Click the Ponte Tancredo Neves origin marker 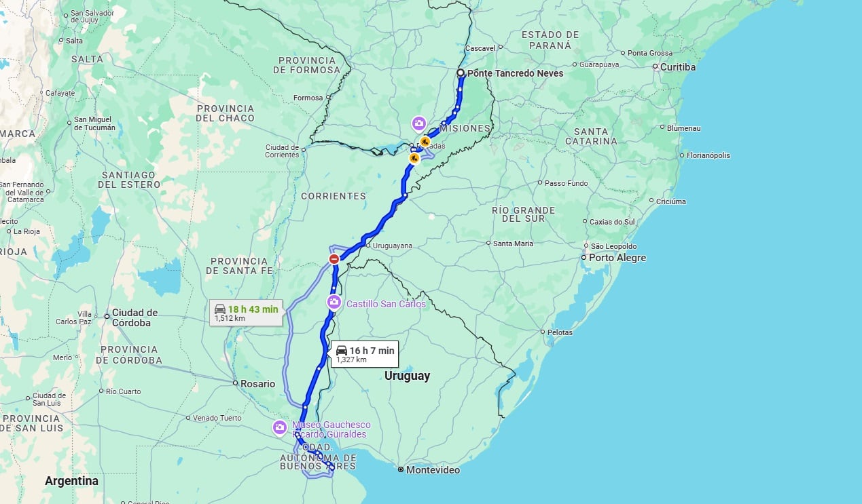[461, 73]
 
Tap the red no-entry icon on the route [334, 259]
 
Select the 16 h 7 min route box [364, 354]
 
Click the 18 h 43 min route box [245, 313]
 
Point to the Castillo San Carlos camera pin [334, 303]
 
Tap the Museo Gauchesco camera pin [279, 427]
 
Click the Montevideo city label [433, 469]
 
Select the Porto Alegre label [617, 258]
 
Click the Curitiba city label [677, 67]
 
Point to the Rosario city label [257, 384]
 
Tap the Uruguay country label [407, 376]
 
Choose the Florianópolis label [708, 155]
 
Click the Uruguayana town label [393, 246]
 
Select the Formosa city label [308, 98]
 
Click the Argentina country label [71, 481]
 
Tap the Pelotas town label [560, 332]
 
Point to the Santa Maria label [513, 244]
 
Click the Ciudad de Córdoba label [135, 317]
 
